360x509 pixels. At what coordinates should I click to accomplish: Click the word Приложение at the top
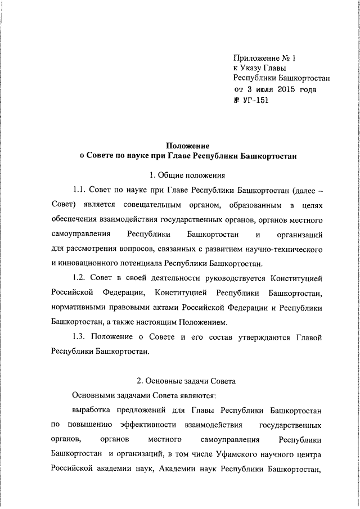pyautogui.click(x=257, y=58)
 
